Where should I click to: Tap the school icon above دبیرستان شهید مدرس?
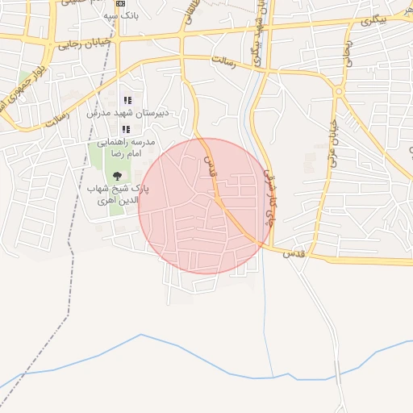coord(127,100)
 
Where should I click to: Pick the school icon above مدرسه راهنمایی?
coord(126,129)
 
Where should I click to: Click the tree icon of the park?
coord(118,176)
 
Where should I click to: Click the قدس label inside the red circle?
coord(210,166)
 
